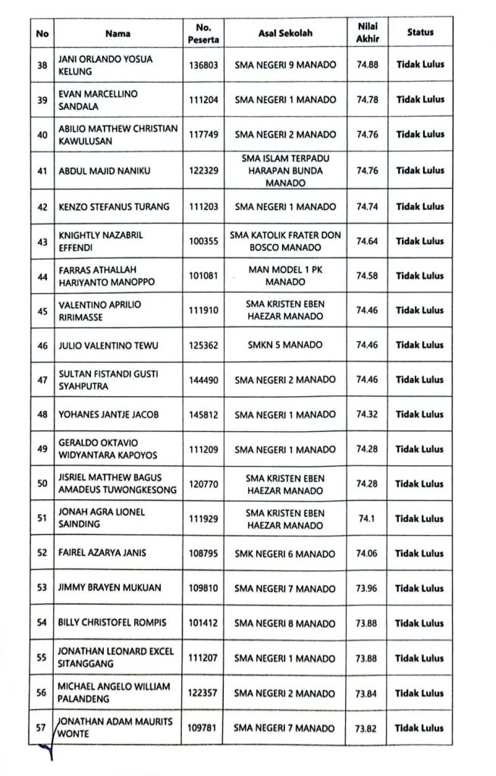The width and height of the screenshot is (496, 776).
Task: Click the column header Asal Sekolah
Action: point(284,33)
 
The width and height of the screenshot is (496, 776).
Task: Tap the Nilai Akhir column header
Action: point(367,33)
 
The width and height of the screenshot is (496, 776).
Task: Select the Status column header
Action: point(420,33)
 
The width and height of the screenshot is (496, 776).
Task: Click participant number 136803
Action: point(204,65)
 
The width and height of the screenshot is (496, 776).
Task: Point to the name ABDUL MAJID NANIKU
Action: point(105,171)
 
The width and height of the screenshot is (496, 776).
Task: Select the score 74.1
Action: point(367,519)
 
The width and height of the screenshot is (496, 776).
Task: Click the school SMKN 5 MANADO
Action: point(284,345)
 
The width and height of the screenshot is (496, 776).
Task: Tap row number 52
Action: point(42,553)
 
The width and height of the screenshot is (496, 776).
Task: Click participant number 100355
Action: point(204,242)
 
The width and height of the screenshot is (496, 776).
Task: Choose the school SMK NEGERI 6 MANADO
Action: point(284,553)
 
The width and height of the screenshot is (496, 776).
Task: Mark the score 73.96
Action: point(367,589)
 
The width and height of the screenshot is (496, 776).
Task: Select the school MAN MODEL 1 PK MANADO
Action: point(284,275)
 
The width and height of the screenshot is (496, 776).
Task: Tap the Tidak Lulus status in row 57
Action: point(420,728)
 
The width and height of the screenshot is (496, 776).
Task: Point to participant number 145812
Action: point(204,415)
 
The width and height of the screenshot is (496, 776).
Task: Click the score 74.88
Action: point(367,65)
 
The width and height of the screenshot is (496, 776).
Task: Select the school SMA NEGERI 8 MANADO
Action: point(284,623)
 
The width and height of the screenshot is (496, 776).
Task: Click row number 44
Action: point(42,276)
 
